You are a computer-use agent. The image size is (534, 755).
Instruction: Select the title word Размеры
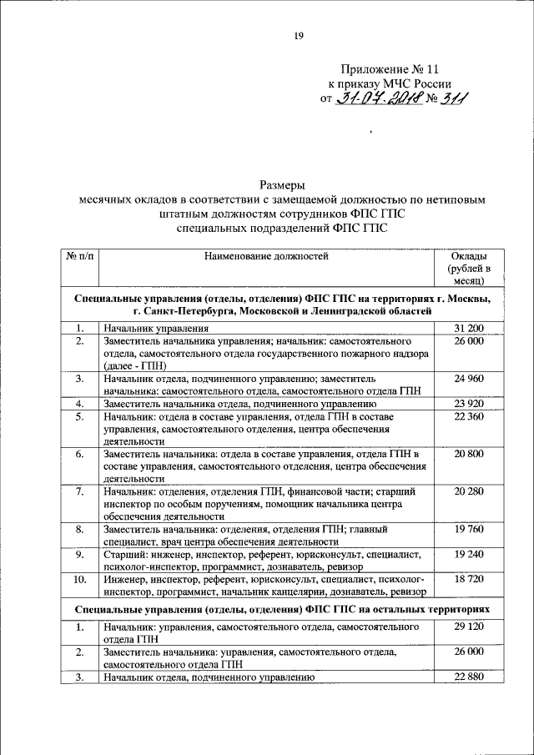282,184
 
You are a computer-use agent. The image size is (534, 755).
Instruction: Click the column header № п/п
79,256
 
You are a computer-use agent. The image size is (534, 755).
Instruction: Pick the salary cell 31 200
468,329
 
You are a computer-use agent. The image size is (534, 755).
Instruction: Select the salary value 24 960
468,378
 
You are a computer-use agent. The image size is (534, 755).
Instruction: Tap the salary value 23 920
468,403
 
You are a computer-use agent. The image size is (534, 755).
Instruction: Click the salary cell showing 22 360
468,415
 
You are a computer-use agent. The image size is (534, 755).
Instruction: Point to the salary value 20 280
468,492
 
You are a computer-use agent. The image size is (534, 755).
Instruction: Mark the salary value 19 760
468,529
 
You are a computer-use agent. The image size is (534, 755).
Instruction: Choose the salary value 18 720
468,577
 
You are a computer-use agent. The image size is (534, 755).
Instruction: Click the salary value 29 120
468,627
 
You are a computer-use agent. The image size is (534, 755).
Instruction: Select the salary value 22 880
468,677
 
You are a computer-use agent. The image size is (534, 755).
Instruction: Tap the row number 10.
79,577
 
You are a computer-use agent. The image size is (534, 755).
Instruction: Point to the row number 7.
79,492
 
